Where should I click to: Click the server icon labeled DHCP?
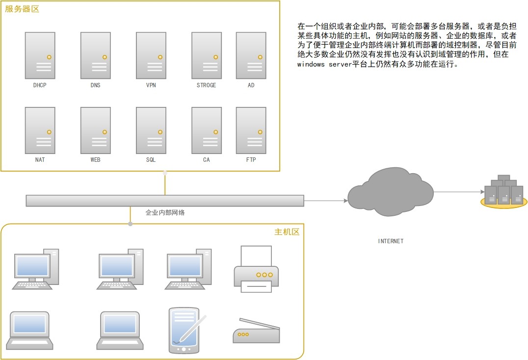pos(40,55)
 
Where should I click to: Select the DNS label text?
pos(95,85)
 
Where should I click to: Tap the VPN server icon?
pos(151,55)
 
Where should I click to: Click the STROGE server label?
pos(206,85)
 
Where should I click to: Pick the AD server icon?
pos(251,55)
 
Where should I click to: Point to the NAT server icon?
pos(40,130)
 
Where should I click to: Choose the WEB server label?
pos(95,160)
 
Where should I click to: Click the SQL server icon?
pos(151,130)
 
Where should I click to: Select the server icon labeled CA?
pos(206,130)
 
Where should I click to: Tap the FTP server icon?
pos(251,130)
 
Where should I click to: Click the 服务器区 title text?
pos(22,9)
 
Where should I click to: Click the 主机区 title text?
pos(287,232)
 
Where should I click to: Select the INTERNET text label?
pos(391,241)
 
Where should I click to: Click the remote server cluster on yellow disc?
pos(503,192)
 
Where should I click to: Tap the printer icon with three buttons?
pos(256,270)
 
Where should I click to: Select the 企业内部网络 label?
pos(165,213)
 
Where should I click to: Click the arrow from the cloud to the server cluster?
pos(456,192)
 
